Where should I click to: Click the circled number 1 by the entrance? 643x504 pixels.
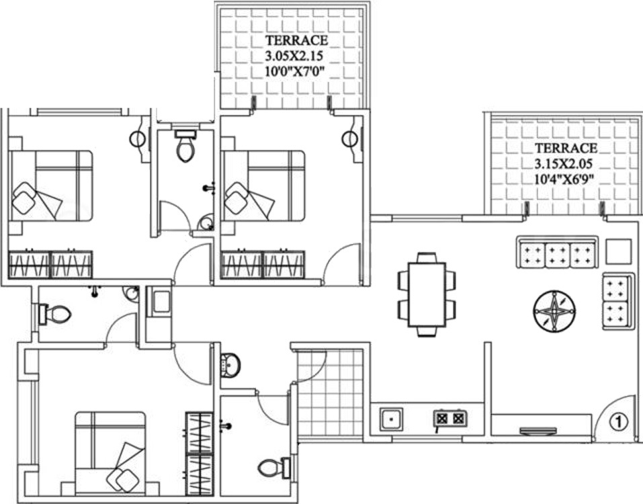pyautogui.click(x=619, y=421)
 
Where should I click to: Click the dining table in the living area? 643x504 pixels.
pyautogui.click(x=427, y=294)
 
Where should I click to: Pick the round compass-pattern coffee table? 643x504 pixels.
pyautogui.click(x=554, y=311)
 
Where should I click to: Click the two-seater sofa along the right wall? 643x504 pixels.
pyautogui.click(x=616, y=301)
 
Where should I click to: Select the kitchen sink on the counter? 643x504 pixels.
pyautogui.click(x=391, y=419)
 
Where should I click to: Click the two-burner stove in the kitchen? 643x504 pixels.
pyautogui.click(x=450, y=419)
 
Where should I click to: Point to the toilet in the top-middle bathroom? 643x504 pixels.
pyautogui.click(x=185, y=146)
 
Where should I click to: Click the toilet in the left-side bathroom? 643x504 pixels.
pyautogui.click(x=55, y=314)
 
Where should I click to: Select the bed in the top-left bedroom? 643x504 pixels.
pyautogui.click(x=51, y=185)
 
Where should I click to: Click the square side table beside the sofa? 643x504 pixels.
pyautogui.click(x=618, y=252)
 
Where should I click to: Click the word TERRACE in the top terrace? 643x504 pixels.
pyautogui.click(x=297, y=40)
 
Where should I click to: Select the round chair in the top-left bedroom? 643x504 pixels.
pyautogui.click(x=138, y=139)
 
